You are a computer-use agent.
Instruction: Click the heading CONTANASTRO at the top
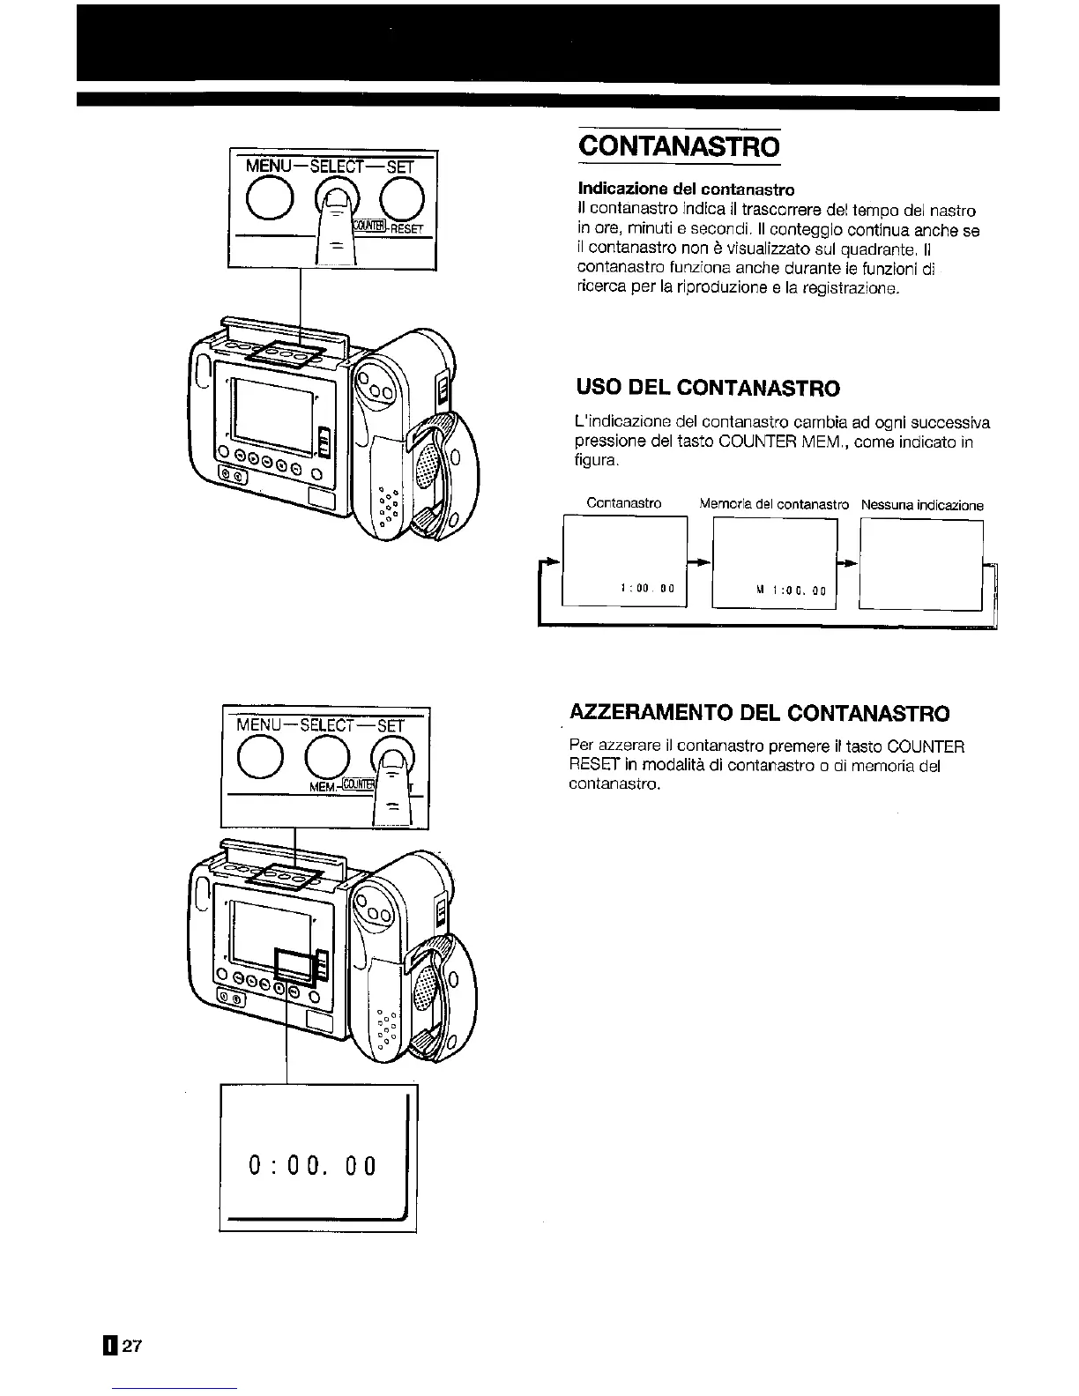(x=679, y=145)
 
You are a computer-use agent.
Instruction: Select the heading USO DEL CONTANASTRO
(x=708, y=388)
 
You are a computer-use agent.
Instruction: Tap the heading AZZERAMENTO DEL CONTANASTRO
(x=760, y=712)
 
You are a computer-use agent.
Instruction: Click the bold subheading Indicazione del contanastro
(x=686, y=189)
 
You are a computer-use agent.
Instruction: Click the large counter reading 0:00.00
(x=313, y=1166)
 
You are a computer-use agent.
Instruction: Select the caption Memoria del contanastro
(x=774, y=505)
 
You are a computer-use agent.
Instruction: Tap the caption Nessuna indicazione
(x=922, y=505)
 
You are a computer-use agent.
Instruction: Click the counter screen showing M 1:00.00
(x=774, y=564)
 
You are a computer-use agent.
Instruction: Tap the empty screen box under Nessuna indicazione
(x=921, y=564)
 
